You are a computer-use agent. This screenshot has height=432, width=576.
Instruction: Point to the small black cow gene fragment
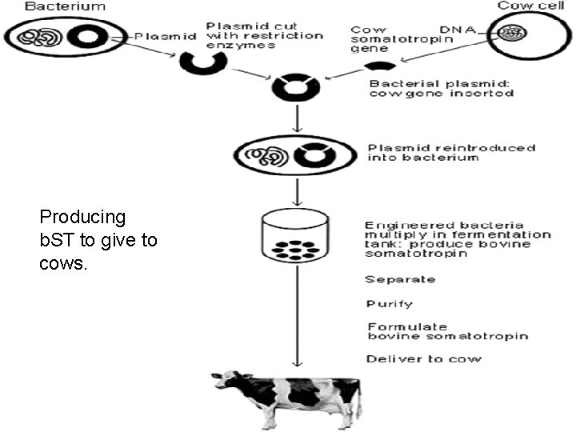(x=378, y=65)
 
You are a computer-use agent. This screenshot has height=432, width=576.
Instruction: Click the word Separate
(x=401, y=279)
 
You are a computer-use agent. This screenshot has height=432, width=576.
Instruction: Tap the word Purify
(x=390, y=303)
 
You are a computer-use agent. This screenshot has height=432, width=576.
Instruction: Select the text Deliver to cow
(x=424, y=358)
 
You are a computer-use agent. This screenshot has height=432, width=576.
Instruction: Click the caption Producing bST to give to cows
(x=98, y=240)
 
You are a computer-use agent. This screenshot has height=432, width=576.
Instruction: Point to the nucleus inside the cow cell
(x=511, y=34)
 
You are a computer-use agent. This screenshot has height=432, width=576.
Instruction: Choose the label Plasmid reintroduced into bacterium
(x=451, y=153)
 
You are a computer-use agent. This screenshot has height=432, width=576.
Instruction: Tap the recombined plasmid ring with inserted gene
(x=298, y=87)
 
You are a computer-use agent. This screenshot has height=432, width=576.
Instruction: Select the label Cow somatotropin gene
(x=381, y=39)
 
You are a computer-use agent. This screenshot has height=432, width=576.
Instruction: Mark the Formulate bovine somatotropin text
(x=447, y=331)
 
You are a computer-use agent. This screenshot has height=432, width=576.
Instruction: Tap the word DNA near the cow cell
(x=462, y=30)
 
